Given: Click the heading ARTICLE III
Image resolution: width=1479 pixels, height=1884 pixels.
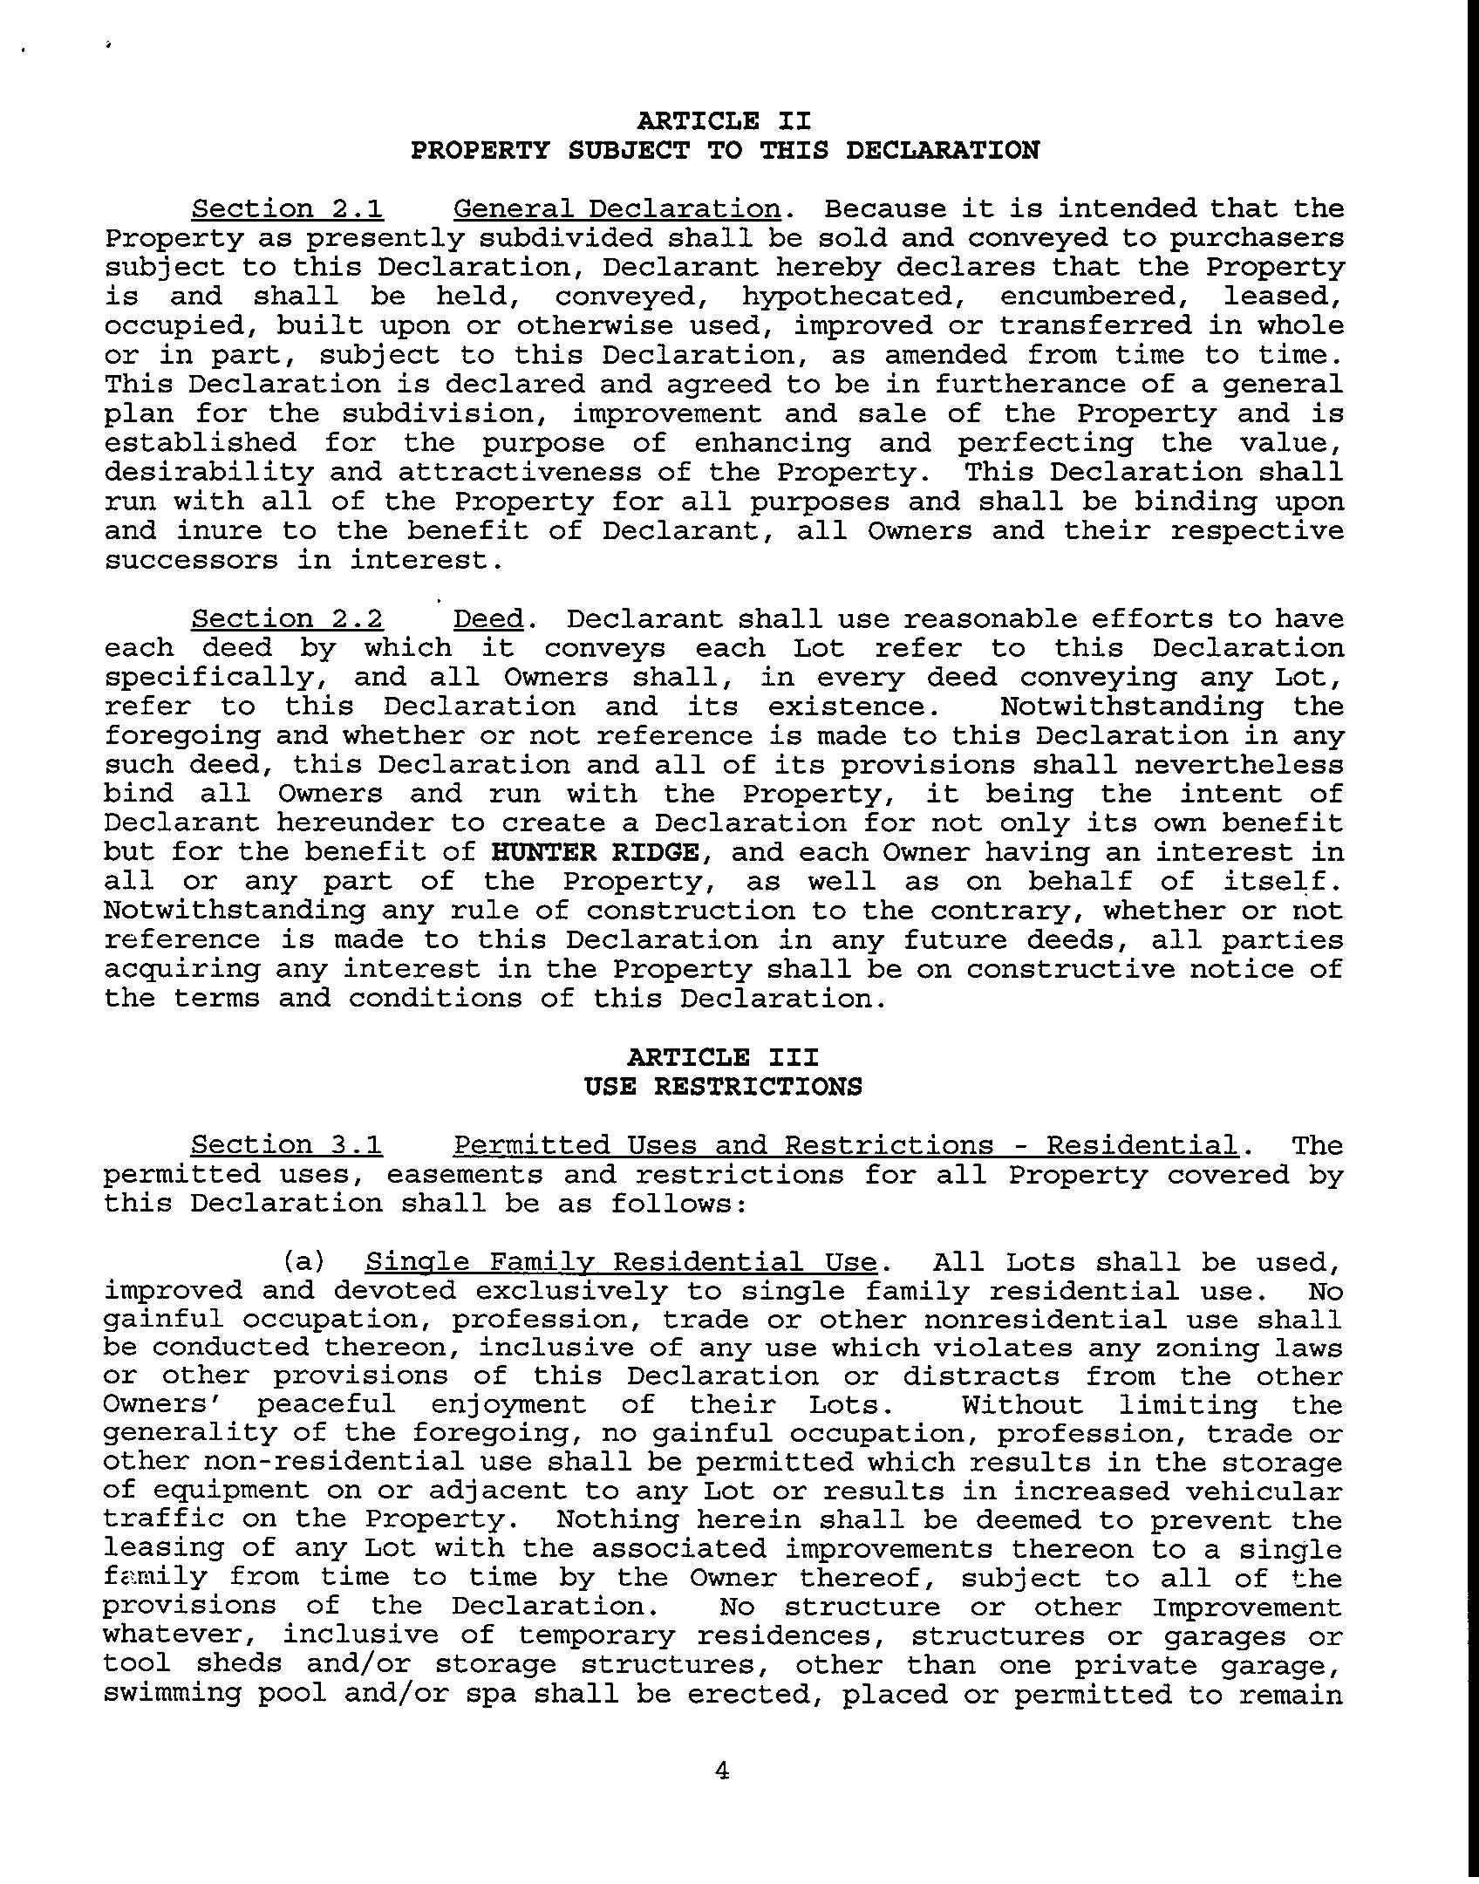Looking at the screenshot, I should [723, 1057].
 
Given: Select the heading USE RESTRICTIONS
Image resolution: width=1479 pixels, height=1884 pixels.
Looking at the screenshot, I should [723, 1087].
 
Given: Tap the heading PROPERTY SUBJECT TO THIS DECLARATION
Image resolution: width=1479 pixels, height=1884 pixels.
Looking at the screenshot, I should [725, 150].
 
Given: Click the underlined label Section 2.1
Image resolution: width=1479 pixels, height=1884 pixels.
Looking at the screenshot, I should [288, 209].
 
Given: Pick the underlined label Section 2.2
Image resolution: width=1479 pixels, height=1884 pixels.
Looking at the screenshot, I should [288, 619].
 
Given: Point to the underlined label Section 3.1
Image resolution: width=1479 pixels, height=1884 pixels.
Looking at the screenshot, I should [287, 1145].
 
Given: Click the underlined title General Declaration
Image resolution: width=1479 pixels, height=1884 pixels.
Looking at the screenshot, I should [617, 209].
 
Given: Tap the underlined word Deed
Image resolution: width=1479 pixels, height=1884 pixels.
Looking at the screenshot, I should [488, 619].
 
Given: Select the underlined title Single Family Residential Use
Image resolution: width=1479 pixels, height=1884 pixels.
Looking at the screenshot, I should [620, 1262].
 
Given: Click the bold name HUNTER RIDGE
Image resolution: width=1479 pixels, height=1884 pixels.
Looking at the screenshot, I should [596, 852].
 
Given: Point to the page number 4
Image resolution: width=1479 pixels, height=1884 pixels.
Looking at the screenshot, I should [721, 1770].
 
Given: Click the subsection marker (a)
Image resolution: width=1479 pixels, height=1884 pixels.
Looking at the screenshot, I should [304, 1262].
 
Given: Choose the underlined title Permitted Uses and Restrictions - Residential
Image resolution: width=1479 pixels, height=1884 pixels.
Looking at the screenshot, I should [845, 1145].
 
